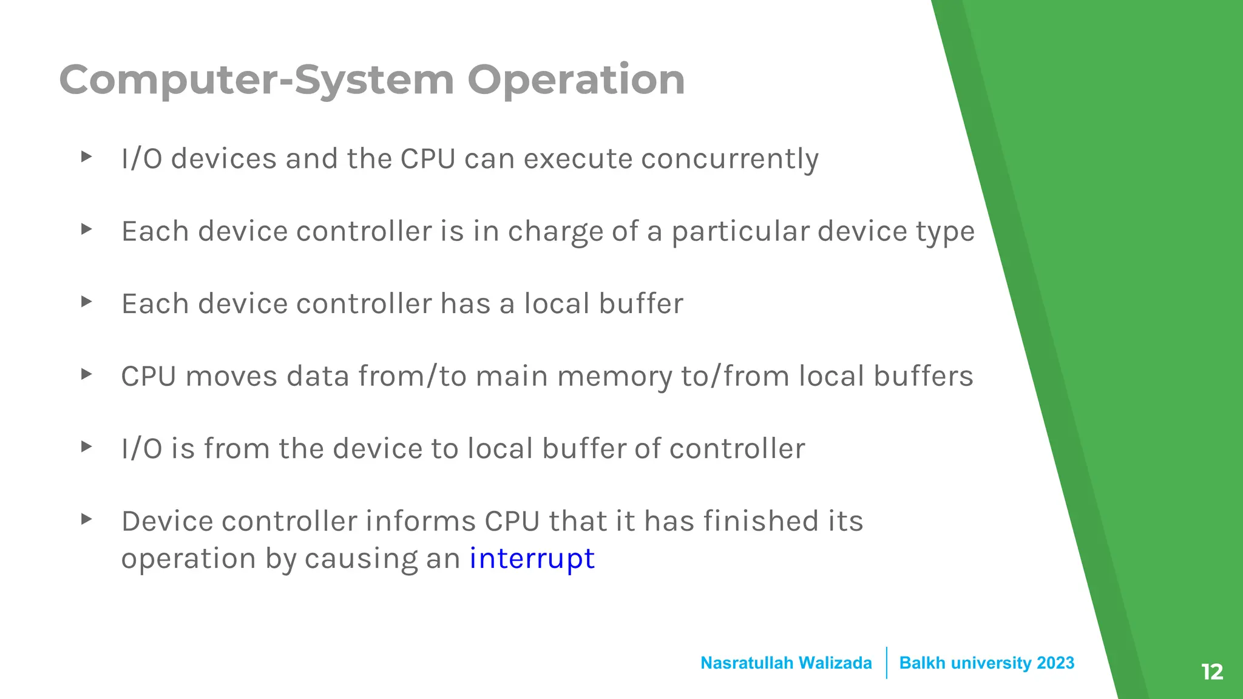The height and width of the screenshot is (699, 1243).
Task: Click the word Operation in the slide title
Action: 576,80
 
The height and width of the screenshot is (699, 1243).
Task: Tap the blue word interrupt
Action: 532,558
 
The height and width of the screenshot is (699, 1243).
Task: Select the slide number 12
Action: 1211,672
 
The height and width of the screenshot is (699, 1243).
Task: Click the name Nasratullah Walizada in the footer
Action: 786,663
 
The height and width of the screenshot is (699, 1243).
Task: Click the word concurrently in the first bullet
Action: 730,159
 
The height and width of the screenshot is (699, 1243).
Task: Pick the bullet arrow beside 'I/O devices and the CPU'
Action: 87,157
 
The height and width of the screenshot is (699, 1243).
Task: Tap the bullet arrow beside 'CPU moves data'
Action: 87,374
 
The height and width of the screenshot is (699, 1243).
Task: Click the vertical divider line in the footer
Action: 886,663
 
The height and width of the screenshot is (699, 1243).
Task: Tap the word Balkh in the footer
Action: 922,663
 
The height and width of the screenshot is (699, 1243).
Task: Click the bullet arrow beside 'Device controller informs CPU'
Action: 87,519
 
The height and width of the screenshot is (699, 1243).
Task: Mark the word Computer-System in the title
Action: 257,80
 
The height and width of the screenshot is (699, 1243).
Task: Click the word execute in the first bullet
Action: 578,159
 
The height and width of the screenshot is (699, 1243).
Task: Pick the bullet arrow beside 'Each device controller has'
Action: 87,302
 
